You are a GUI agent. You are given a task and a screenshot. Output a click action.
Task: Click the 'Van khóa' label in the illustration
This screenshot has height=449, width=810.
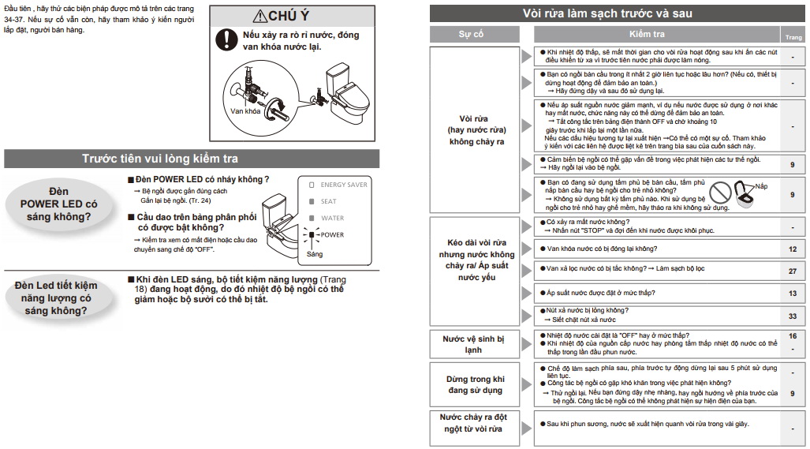246,111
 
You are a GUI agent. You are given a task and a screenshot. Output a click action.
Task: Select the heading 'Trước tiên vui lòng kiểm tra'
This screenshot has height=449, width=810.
161,159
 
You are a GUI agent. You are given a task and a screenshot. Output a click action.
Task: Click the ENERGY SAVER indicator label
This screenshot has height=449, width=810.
344,185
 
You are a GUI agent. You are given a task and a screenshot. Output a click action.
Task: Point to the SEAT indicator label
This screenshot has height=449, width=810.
329,201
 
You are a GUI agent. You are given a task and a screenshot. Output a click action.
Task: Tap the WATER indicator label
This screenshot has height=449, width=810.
332,218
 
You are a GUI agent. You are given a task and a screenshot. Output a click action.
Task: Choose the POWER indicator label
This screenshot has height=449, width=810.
332,234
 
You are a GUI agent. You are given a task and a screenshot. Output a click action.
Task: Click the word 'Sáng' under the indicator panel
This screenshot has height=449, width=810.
315,254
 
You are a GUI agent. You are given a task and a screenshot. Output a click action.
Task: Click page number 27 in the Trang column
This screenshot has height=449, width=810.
792,271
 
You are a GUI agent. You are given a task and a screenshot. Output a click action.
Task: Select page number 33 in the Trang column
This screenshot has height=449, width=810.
792,316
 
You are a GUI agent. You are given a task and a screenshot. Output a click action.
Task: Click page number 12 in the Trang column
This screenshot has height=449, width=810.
792,249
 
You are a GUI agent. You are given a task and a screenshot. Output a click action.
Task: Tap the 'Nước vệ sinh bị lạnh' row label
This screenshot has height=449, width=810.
473,343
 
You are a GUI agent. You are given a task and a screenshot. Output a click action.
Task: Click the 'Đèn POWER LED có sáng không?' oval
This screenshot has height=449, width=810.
59,204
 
